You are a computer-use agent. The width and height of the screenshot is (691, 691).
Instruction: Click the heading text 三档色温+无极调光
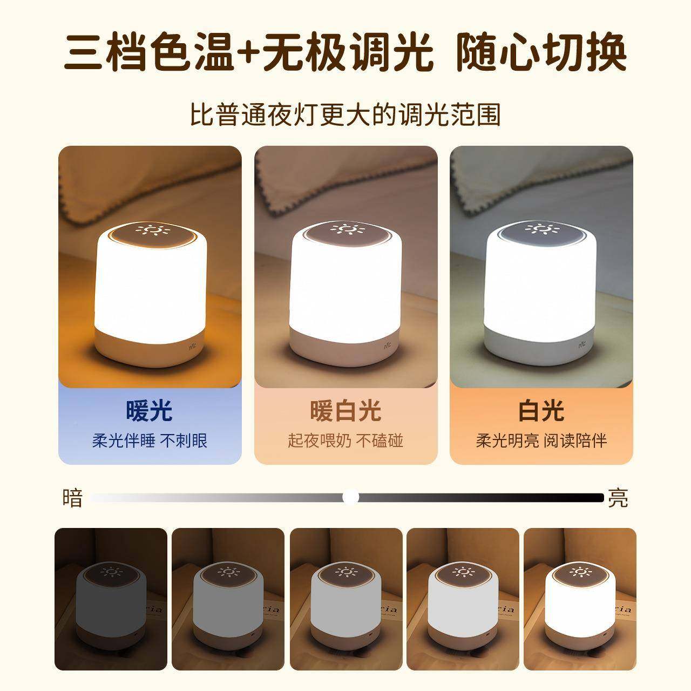(248, 53)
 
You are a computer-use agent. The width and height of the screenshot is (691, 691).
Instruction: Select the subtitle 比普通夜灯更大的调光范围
(345, 114)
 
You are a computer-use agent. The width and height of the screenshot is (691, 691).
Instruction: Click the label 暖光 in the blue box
(150, 411)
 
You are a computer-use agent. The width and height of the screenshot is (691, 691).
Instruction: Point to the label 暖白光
(345, 411)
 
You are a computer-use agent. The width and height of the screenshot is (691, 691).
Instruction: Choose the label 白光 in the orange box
(541, 411)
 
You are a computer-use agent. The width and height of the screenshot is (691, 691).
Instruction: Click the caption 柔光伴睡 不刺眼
(150, 441)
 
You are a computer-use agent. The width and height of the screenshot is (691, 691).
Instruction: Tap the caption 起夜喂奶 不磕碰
(345, 441)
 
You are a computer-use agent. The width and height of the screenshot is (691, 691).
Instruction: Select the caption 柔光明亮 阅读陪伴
(541, 441)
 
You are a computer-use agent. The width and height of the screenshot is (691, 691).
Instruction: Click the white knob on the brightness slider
(351, 497)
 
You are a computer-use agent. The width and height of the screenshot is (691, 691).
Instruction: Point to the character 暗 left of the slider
(73, 498)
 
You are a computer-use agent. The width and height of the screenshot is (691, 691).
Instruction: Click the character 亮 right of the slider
(618, 498)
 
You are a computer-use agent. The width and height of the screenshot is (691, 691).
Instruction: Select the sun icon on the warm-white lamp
(346, 229)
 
